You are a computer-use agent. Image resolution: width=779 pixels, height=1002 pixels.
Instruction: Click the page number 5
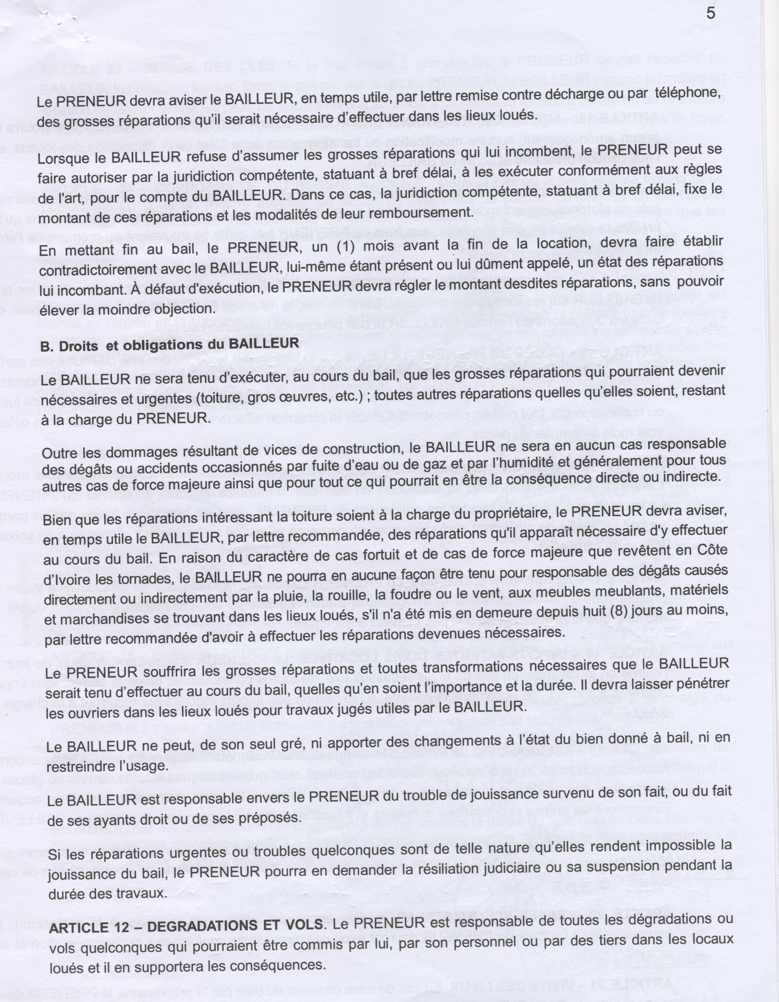click(711, 14)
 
